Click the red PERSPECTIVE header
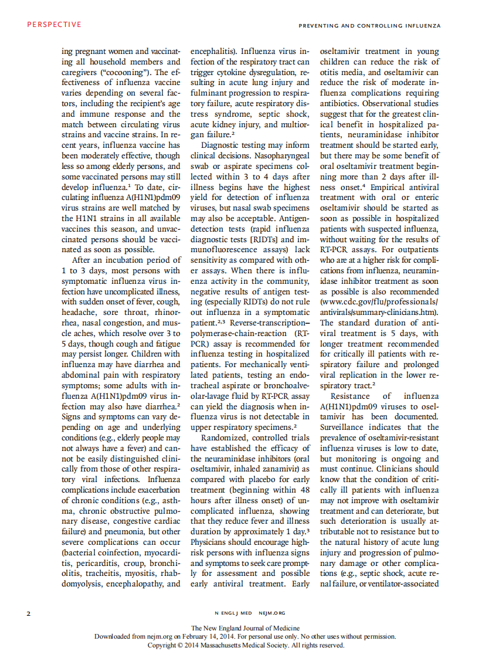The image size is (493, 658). [x=54, y=25]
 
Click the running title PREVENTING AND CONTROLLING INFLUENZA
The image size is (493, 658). [x=369, y=26]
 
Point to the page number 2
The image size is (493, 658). [x=28, y=613]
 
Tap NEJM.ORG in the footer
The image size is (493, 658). [x=271, y=613]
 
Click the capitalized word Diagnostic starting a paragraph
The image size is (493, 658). [x=220, y=145]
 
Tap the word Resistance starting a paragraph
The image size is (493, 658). [x=350, y=396]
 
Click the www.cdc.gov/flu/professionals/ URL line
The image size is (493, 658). [x=379, y=302]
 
